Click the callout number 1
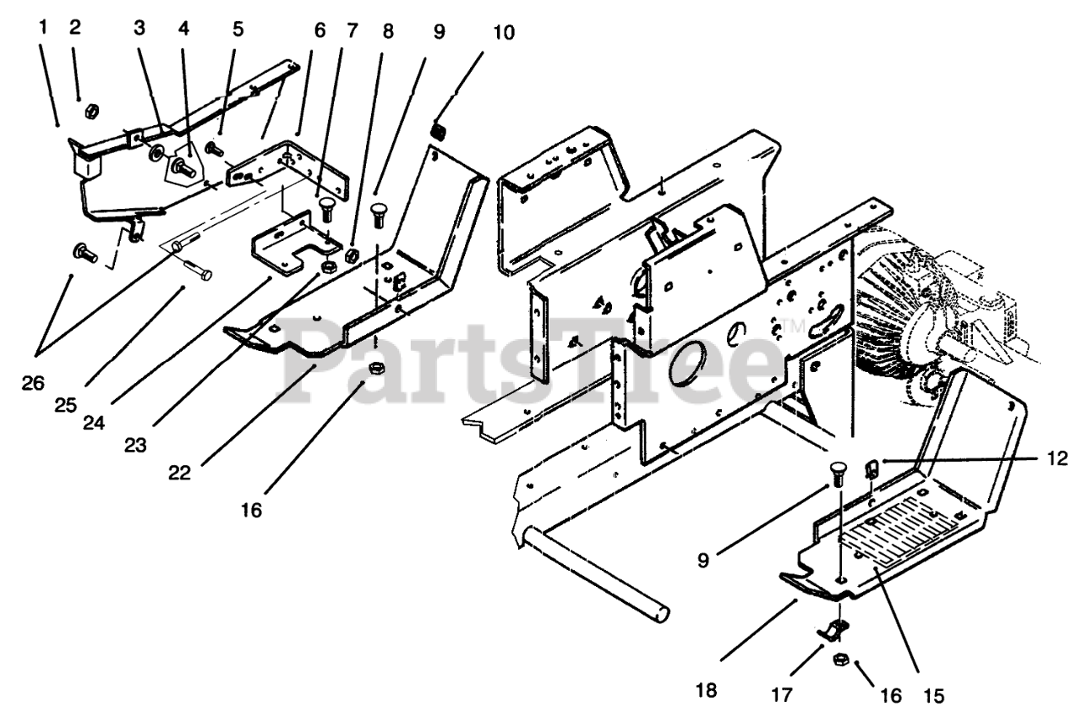pyautogui.click(x=43, y=27)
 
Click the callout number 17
pyautogui.click(x=782, y=695)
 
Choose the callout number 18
pyautogui.click(x=707, y=690)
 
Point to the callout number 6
pyautogui.click(x=319, y=30)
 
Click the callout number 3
pyautogui.click(x=139, y=27)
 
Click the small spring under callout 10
pyautogui.click(x=439, y=130)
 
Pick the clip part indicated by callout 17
pyautogui.click(x=833, y=630)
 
